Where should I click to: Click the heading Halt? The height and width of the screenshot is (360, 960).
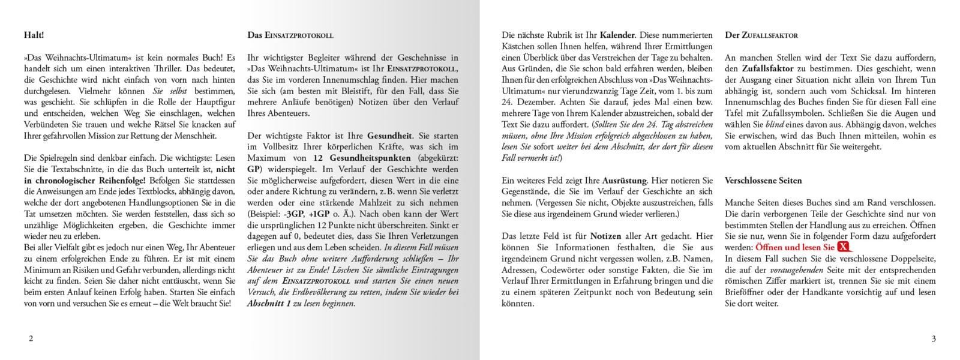pos(34,35)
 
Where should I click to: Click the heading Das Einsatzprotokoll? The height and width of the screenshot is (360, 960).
pos(290,35)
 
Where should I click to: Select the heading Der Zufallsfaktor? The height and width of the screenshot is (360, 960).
pos(761,35)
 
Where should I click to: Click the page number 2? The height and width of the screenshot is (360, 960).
pos(31,338)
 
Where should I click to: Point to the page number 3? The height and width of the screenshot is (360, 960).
pos(934,338)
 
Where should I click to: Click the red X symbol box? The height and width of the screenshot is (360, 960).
pos(844,247)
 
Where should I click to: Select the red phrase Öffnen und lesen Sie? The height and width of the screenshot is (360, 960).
pos(794,247)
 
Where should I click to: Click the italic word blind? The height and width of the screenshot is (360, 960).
pos(775,125)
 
